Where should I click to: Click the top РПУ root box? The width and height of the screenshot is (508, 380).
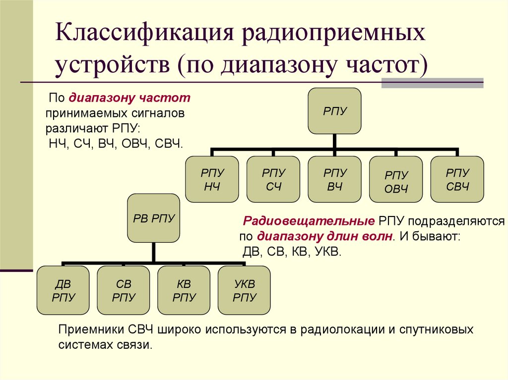pyautogui.click(x=334, y=110)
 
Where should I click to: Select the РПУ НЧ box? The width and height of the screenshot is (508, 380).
pyautogui.click(x=212, y=179)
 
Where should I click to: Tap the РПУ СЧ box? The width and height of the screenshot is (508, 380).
pyautogui.click(x=273, y=179)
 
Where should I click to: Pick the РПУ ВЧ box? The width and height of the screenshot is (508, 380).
pyautogui.click(x=334, y=179)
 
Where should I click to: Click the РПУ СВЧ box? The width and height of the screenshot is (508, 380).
pyautogui.click(x=457, y=179)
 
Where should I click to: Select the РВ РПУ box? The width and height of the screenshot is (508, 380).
pyautogui.click(x=154, y=217)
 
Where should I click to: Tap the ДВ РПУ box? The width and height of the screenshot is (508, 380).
pyautogui.click(x=63, y=290)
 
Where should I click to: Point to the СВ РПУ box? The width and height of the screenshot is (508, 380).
pyautogui.click(x=124, y=290)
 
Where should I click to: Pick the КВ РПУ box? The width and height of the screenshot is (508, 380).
pyautogui.click(x=184, y=290)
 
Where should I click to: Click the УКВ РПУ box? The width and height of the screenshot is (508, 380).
pyautogui.click(x=245, y=290)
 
